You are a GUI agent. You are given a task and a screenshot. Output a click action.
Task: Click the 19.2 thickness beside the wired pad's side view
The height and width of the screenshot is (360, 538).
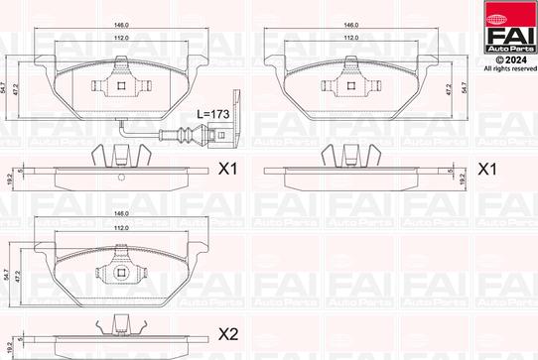click(9, 172)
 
